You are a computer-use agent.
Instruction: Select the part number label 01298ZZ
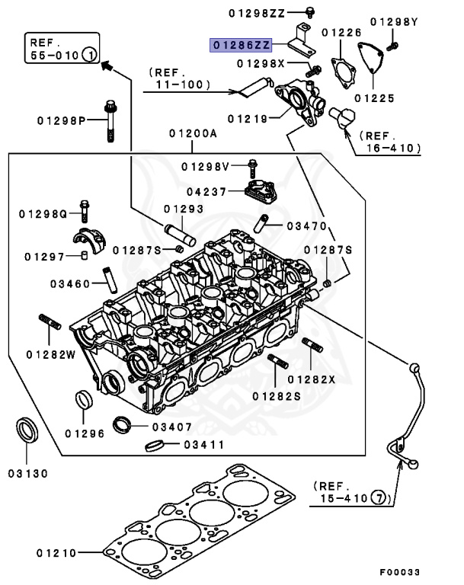click(x=256, y=13)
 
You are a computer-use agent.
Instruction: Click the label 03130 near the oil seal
click(x=28, y=473)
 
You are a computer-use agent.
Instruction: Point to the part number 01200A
click(x=193, y=133)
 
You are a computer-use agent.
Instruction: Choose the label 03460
click(x=71, y=284)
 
